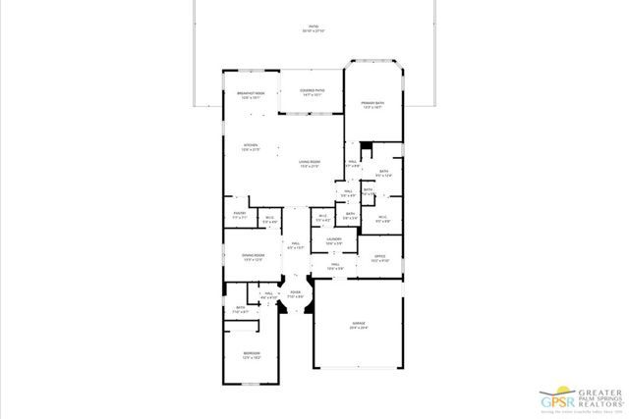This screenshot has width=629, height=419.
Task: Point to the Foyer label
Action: tap(296, 292)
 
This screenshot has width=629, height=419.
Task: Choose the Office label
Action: tap(379, 257)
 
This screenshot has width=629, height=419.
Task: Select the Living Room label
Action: tap(312, 165)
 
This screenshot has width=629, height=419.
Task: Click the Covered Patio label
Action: tap(312, 91)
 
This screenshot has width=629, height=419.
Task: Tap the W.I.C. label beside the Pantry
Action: tap(269, 219)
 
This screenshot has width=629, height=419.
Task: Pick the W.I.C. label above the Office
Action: tap(383, 218)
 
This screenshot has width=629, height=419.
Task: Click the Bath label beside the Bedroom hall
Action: tap(240, 309)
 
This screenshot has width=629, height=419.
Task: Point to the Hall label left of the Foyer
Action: tap(267, 294)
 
